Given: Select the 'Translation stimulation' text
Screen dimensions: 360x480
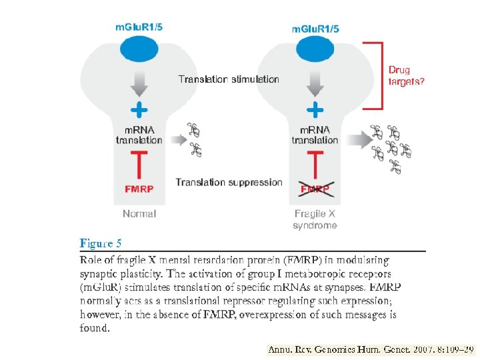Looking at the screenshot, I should pos(229,79).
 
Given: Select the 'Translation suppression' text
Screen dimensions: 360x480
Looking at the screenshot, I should pos(229,182).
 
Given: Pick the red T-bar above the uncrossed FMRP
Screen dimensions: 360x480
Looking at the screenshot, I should pos(139,163).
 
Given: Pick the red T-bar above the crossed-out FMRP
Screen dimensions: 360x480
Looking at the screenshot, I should pos(315,163).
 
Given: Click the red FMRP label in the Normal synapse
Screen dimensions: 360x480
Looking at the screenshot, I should pos(139,189).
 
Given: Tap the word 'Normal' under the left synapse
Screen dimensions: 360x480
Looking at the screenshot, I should pos(139,214).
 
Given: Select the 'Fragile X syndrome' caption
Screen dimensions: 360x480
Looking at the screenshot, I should pos(315,219).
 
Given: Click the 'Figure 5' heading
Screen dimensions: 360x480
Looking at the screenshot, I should pos(101,243).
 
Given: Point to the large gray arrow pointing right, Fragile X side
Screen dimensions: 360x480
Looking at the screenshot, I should pos(358,139).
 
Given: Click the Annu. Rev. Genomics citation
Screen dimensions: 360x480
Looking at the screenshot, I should pos(370,349).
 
